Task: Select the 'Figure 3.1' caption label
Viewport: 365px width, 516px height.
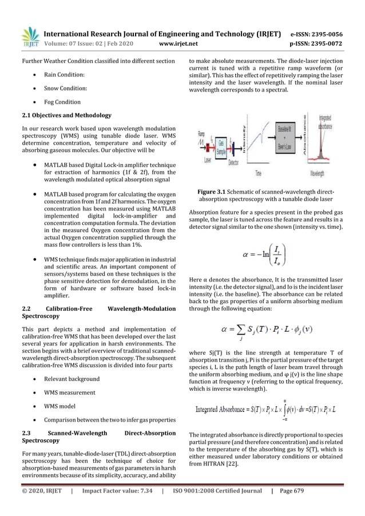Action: [213, 190]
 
